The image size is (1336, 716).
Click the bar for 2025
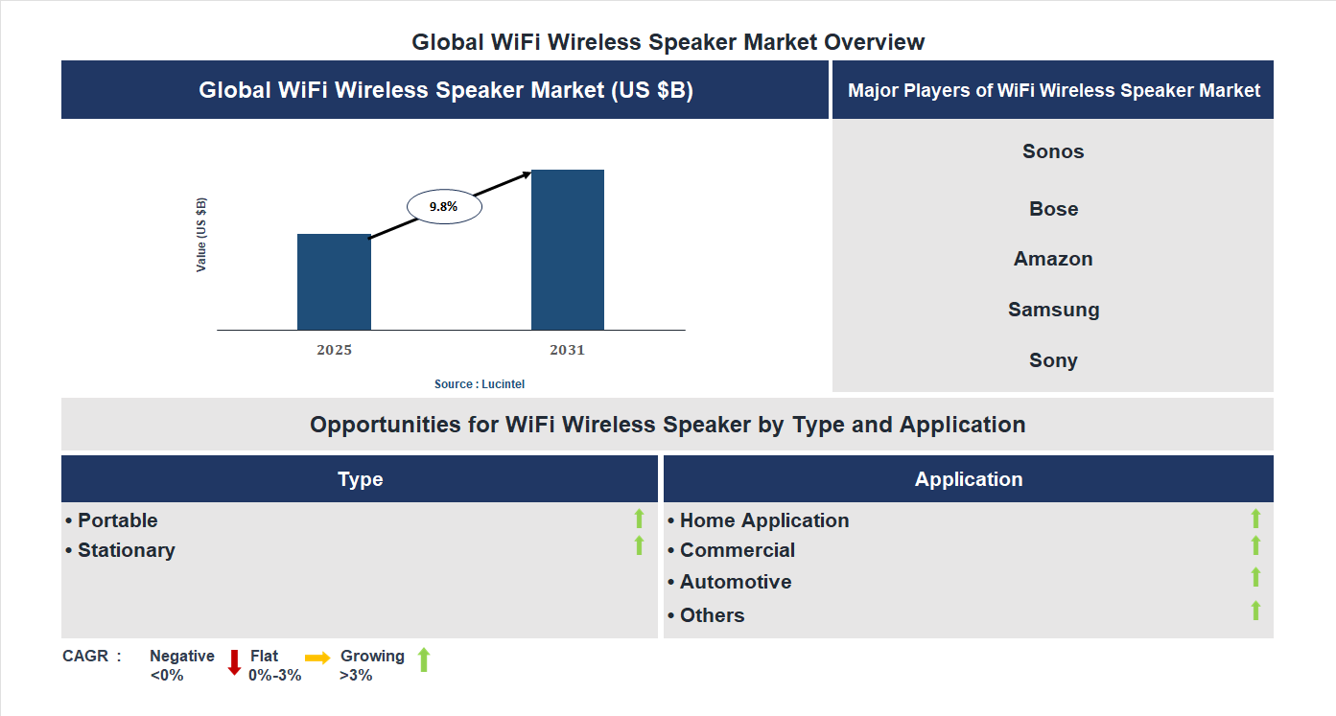click(334, 282)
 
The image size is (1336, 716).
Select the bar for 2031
click(568, 250)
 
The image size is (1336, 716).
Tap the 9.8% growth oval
click(444, 206)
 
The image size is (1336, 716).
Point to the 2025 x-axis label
click(334, 350)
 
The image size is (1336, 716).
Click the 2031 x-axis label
click(567, 350)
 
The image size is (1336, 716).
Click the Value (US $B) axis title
click(201, 235)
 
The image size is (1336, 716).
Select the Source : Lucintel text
click(480, 383)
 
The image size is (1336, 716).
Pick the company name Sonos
click(1053, 151)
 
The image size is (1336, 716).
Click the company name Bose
click(1053, 209)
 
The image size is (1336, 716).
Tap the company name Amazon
click(1053, 259)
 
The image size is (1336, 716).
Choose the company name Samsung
click(1053, 310)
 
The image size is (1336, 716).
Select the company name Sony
click(1053, 360)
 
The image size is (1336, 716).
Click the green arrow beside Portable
click(639, 519)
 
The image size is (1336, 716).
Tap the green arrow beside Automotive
click(1255, 577)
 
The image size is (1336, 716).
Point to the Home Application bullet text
click(759, 520)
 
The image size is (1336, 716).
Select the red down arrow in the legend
click(234, 662)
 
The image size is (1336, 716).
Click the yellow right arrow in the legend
click(317, 658)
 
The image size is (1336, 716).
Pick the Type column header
click(360, 479)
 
